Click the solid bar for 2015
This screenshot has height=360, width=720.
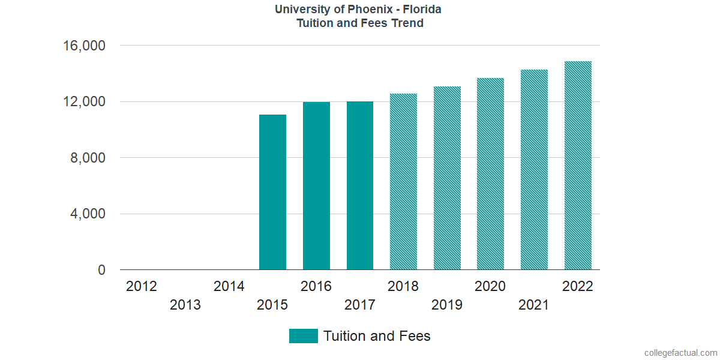272,192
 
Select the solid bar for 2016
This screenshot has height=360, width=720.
316,186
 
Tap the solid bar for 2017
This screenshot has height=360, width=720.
360,185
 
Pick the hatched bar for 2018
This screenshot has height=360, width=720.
403,182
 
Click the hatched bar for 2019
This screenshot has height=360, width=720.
447,178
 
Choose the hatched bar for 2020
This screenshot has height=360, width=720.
490,174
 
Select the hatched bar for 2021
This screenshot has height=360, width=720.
534,170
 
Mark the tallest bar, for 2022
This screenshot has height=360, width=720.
578,166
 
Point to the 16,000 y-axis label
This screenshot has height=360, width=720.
85,46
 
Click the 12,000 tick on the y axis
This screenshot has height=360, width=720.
85,102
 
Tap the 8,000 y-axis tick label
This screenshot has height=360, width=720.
89,158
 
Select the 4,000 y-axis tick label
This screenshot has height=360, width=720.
89,214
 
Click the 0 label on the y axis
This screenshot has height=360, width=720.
101,271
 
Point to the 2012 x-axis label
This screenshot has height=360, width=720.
142,286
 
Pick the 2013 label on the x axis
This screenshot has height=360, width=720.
185,305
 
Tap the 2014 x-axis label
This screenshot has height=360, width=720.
229,286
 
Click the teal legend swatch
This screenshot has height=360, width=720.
303,336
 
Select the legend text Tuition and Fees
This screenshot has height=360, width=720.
377,336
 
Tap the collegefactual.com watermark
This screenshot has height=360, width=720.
680,353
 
